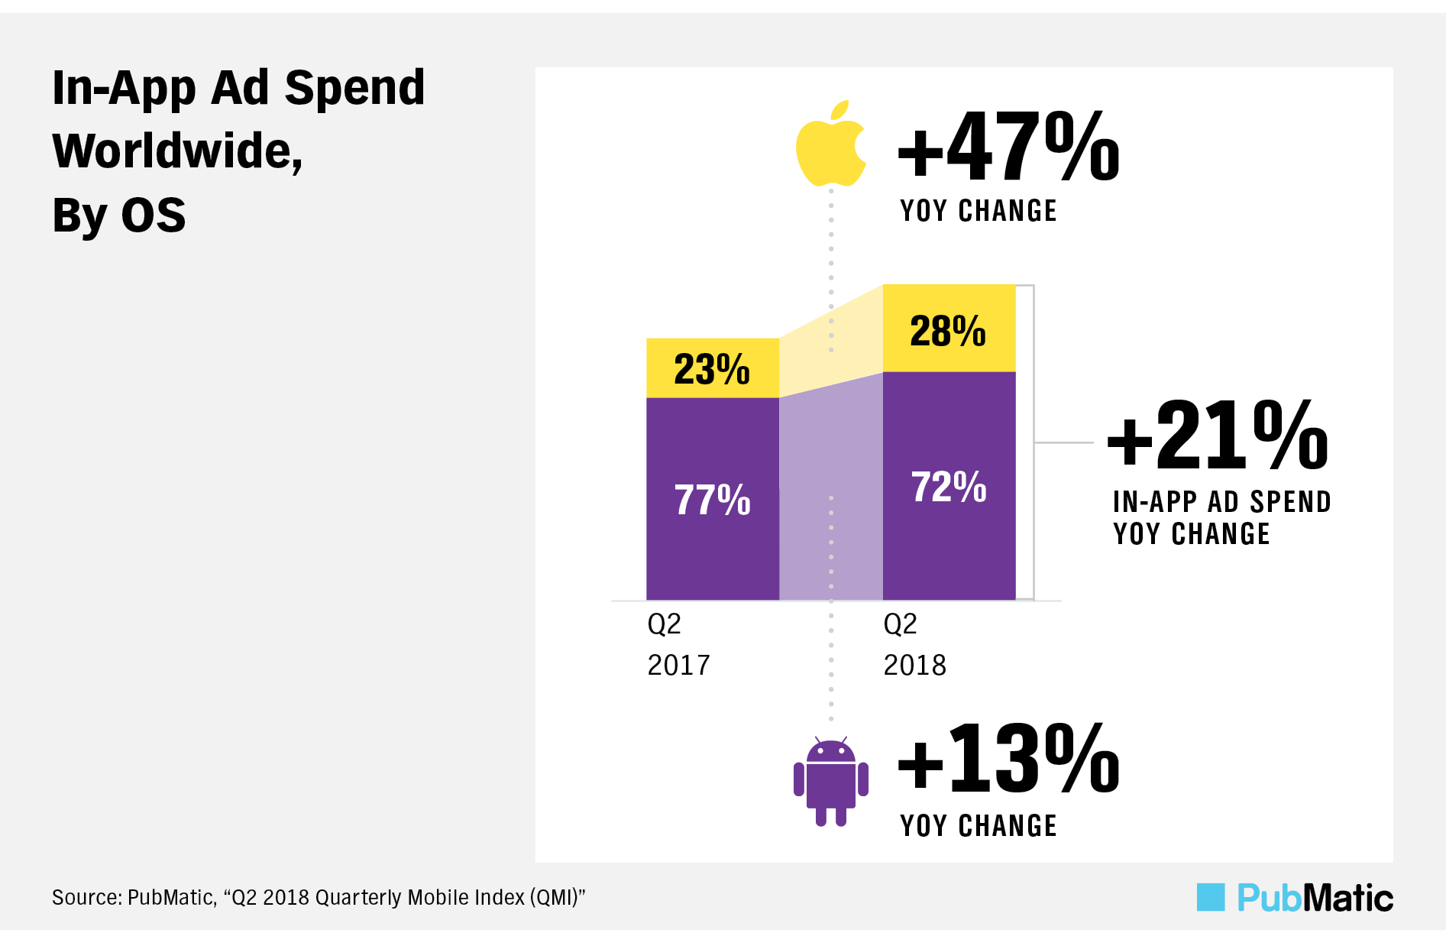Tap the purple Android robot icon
[x=830, y=783]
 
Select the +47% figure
[x=1008, y=146]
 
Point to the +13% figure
[x=1008, y=760]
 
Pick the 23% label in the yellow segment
[x=712, y=369]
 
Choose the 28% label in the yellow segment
[x=948, y=331]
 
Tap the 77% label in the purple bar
[x=712, y=500]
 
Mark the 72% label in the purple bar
[x=949, y=487]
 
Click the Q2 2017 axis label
[x=678, y=645]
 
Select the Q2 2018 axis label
[x=914, y=645]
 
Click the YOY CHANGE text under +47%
[x=979, y=211]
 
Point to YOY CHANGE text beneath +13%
[x=979, y=826]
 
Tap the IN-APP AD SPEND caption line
[x=1221, y=502]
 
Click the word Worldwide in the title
[x=173, y=151]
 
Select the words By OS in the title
[x=119, y=215]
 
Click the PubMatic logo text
[x=1315, y=898]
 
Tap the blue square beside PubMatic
[x=1210, y=897]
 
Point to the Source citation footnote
[x=318, y=897]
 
